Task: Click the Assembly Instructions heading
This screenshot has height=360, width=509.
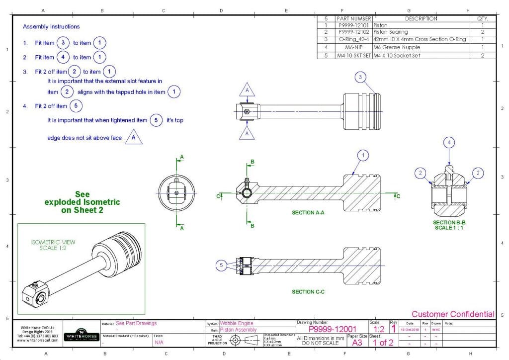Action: (51, 26)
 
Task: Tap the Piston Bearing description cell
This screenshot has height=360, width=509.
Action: (390, 32)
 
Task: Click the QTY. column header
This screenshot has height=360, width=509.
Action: (483, 18)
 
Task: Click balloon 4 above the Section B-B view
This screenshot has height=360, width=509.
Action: (449, 143)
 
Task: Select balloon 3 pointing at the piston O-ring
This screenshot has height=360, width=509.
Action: (361, 77)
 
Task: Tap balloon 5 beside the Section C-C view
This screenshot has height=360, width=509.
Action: (222, 266)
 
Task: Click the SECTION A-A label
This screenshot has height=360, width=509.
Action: (308, 212)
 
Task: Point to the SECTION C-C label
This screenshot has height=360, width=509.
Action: (308, 292)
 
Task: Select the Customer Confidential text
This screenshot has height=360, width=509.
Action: (453, 314)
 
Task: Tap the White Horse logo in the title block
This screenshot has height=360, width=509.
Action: (80, 333)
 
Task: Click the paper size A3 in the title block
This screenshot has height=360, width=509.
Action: (357, 343)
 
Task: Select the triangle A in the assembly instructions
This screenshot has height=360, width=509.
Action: (133, 137)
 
